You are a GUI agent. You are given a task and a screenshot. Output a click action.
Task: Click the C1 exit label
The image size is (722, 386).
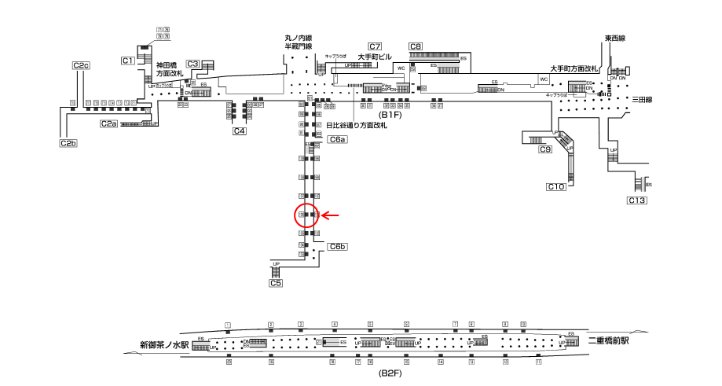pyautogui.click(x=128, y=61)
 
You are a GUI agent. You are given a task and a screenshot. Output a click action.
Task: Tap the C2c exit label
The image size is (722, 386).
pyautogui.click(x=81, y=65)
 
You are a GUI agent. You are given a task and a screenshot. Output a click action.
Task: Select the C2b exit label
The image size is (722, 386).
pyautogui.click(x=68, y=143)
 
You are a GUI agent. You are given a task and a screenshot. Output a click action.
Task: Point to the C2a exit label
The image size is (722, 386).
pyautogui.click(x=108, y=123)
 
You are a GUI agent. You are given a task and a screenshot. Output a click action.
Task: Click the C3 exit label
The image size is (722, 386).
pyautogui.click(x=193, y=64)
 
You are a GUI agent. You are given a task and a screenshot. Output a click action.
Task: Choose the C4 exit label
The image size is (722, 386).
pyautogui.click(x=240, y=131)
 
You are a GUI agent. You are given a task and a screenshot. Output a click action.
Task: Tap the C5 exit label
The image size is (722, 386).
pyautogui.click(x=276, y=283)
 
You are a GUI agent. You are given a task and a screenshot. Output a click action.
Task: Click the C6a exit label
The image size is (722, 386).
pyautogui.click(x=337, y=139)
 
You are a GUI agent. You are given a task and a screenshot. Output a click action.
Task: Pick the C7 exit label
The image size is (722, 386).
pyautogui.click(x=375, y=46)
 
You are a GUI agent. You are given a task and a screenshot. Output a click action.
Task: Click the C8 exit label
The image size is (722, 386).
pyautogui.click(x=416, y=46)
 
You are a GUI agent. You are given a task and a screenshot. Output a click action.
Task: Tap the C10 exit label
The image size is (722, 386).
pyautogui.click(x=556, y=186)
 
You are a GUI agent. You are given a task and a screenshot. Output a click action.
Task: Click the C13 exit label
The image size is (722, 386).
pyautogui.click(x=636, y=201)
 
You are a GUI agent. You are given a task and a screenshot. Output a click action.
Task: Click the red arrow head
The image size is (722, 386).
pyautogui.click(x=323, y=215)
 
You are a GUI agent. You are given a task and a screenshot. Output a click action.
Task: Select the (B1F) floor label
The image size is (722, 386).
pyautogui.click(x=390, y=114)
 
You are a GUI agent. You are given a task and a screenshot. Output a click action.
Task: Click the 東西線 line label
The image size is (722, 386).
pyautogui.click(x=614, y=39)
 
